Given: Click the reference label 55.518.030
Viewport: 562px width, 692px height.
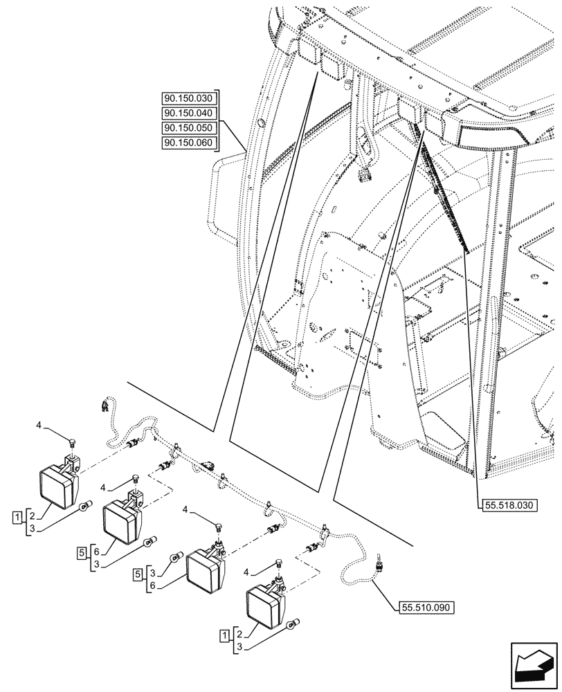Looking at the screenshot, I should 507,505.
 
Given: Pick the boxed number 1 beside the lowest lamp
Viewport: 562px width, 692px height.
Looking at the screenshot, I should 225,635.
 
